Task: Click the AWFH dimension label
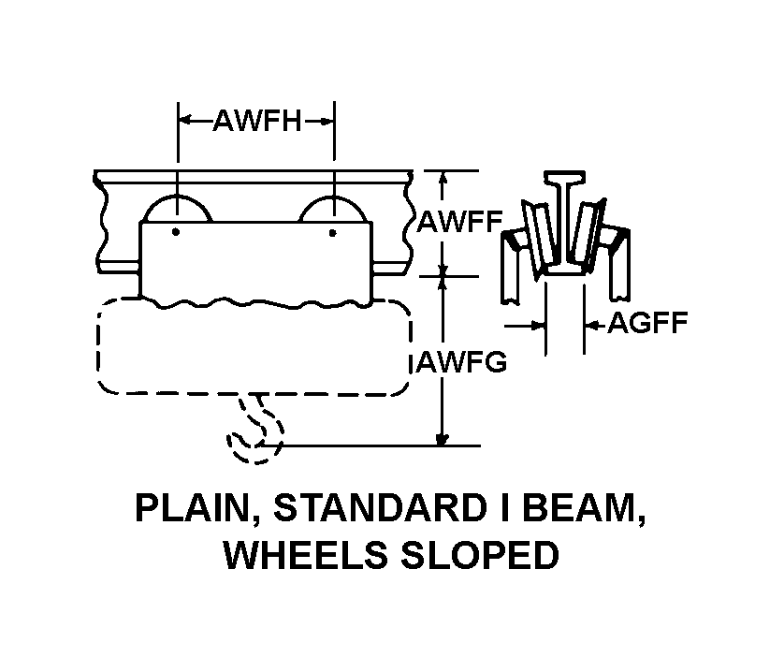257,121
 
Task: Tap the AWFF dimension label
460,222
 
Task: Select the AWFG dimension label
462,361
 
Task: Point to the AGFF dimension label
647,323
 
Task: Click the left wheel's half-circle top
178,196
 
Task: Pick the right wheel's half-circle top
334,197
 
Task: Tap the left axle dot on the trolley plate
176,231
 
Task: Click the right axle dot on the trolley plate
332,232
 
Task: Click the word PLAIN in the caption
193,509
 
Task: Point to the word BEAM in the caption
583,509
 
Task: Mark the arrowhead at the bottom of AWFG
442,439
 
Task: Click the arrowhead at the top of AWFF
442,178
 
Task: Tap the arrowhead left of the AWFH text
185,121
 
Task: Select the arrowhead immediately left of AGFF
591,326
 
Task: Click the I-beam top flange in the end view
564,177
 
